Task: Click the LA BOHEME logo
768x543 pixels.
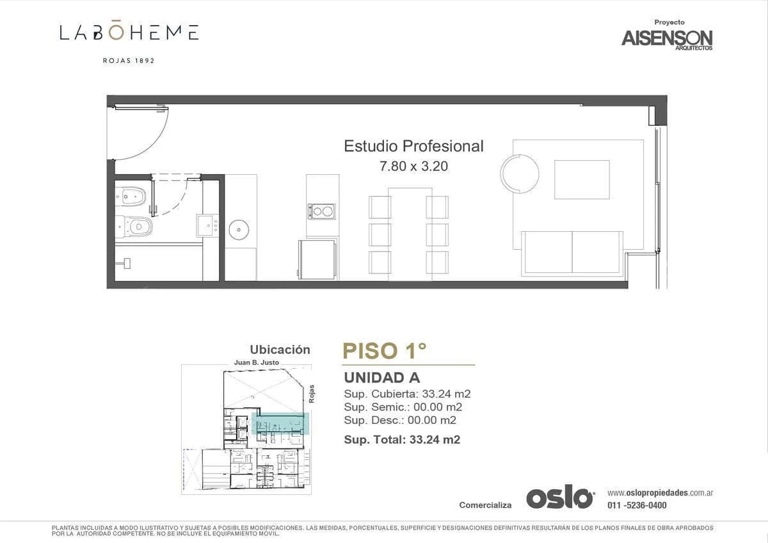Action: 129,32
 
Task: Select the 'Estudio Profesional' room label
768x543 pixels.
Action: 413,146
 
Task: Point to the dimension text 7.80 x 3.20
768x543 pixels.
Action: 413,166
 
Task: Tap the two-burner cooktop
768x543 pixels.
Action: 321,212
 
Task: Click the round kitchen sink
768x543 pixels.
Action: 239,229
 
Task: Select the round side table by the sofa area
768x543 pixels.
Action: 520,174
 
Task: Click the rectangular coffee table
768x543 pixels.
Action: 582,179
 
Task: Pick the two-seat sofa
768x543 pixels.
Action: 572,254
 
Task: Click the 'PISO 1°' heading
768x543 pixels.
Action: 385,351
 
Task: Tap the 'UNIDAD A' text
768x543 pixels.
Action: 382,378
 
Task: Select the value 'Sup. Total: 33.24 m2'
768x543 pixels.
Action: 402,440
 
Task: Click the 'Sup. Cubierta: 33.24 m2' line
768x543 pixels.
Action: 407,394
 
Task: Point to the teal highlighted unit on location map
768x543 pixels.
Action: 280,424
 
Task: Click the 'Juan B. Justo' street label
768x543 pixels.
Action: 257,362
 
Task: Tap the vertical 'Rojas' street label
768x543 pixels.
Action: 311,394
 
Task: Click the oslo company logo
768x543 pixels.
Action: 561,496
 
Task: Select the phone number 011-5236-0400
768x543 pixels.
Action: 637,505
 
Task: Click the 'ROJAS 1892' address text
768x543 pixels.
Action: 129,61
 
